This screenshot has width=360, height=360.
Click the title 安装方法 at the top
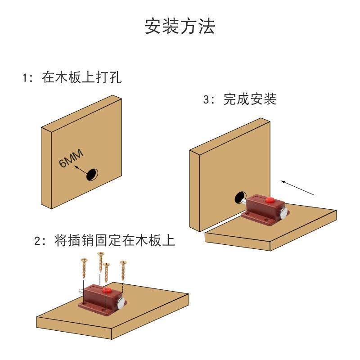180,27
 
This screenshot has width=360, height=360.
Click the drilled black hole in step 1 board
93,174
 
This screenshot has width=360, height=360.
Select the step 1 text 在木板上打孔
81,77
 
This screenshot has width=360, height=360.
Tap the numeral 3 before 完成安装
207,100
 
